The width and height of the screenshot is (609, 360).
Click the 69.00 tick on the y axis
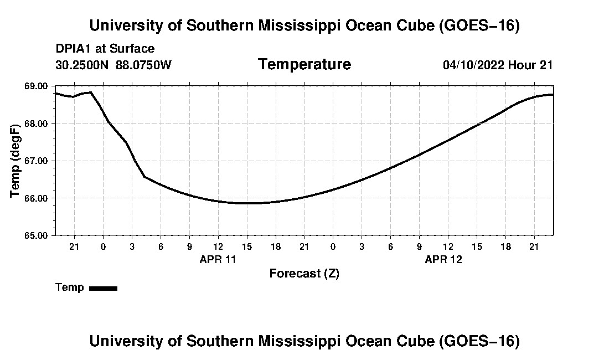click(x=36, y=86)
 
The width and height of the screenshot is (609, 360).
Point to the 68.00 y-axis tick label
click(x=36, y=124)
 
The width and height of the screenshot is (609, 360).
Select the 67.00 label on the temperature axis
click(x=36, y=161)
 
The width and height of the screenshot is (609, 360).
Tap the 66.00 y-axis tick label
click(x=36, y=198)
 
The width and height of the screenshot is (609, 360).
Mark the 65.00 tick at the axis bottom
click(x=36, y=235)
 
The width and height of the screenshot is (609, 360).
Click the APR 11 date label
click(x=218, y=259)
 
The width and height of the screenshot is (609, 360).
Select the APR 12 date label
click(x=443, y=259)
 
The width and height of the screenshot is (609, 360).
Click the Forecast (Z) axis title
click(x=304, y=274)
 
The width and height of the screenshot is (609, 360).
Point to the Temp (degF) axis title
click(x=15, y=161)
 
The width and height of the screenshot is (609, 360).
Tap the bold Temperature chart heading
click(x=304, y=64)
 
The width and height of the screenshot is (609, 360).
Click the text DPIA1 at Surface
click(x=105, y=49)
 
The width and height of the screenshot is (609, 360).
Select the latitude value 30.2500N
click(x=82, y=65)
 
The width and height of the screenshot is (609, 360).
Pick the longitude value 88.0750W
click(x=143, y=65)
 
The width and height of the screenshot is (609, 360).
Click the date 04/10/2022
click(x=473, y=65)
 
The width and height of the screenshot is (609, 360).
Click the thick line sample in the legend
click(x=104, y=288)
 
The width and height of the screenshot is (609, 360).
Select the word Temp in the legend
click(x=70, y=287)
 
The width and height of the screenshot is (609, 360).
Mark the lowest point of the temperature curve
click(x=247, y=203)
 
